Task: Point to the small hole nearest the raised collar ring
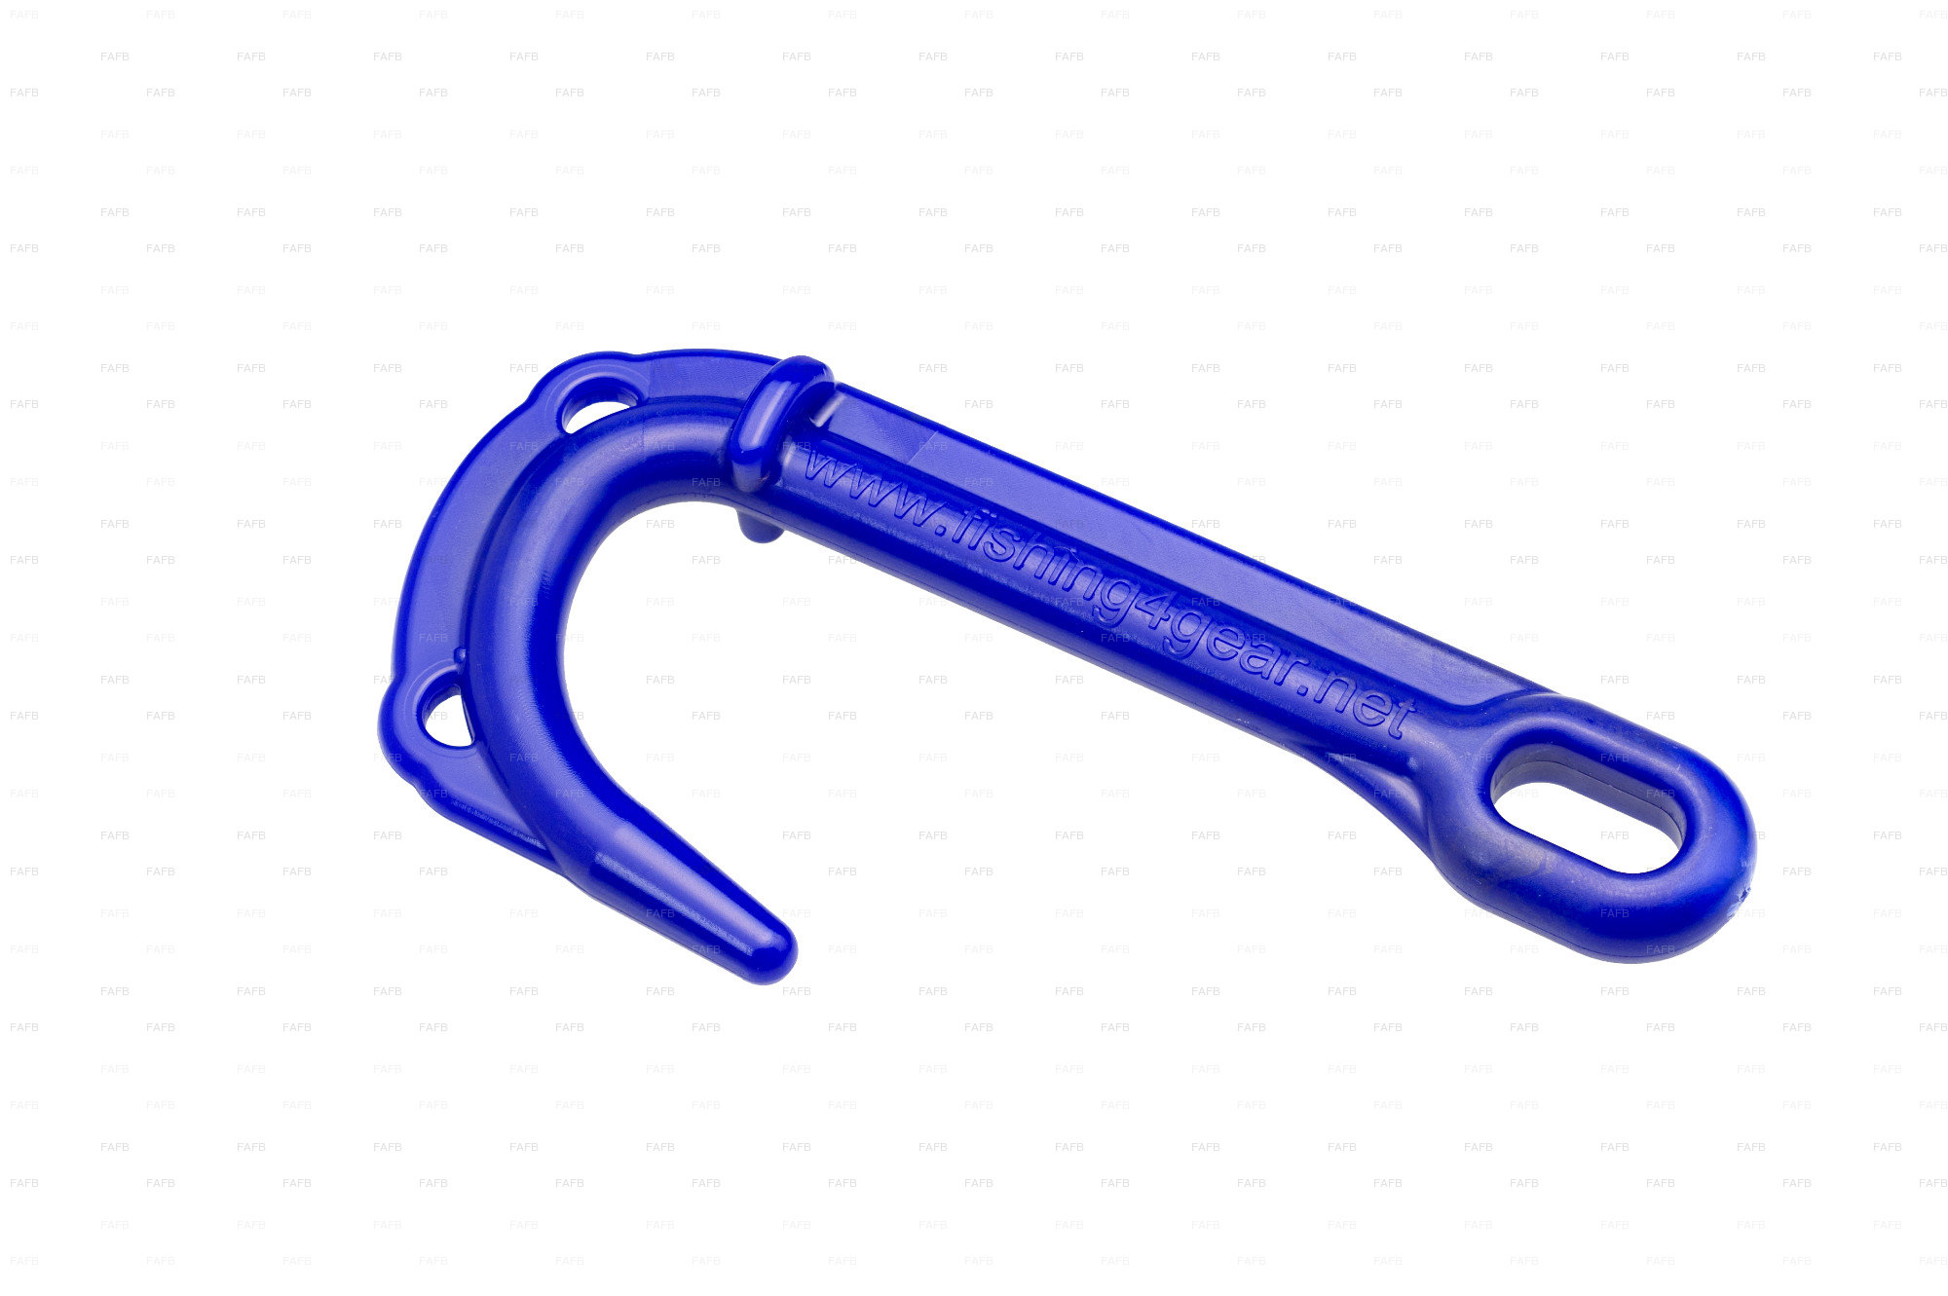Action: pos(594,407)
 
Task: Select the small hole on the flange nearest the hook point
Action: pos(445,715)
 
